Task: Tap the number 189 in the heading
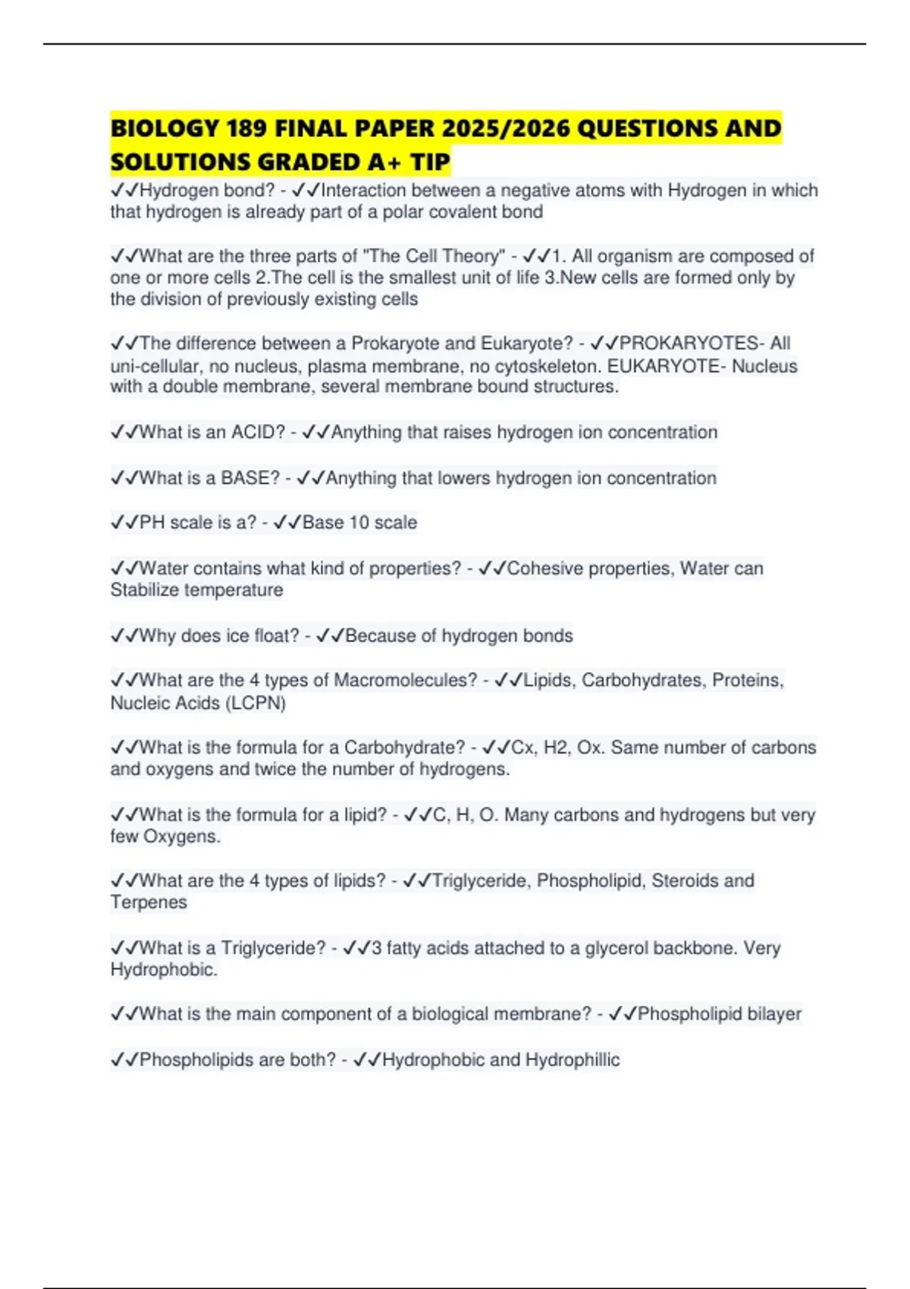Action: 246,128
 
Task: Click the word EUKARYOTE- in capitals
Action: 667,366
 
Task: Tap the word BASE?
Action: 250,478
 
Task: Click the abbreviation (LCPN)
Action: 256,703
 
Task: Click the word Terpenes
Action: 149,902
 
